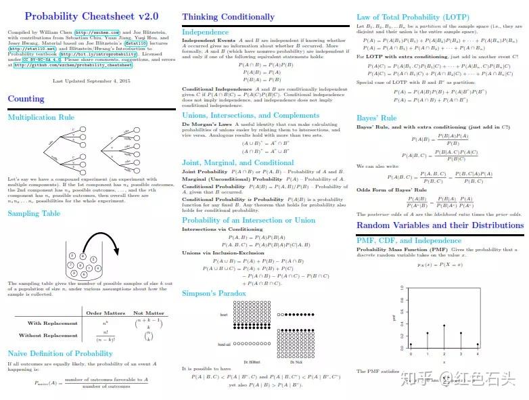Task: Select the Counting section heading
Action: pos(26,99)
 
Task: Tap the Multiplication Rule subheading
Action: pos(41,117)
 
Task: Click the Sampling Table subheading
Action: pos(34,213)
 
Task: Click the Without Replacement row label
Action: pos(48,336)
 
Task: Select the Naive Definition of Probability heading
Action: pos(60,353)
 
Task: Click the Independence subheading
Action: pos(206,32)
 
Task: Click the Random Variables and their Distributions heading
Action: pos(440,225)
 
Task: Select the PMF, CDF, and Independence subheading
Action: pos(409,240)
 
